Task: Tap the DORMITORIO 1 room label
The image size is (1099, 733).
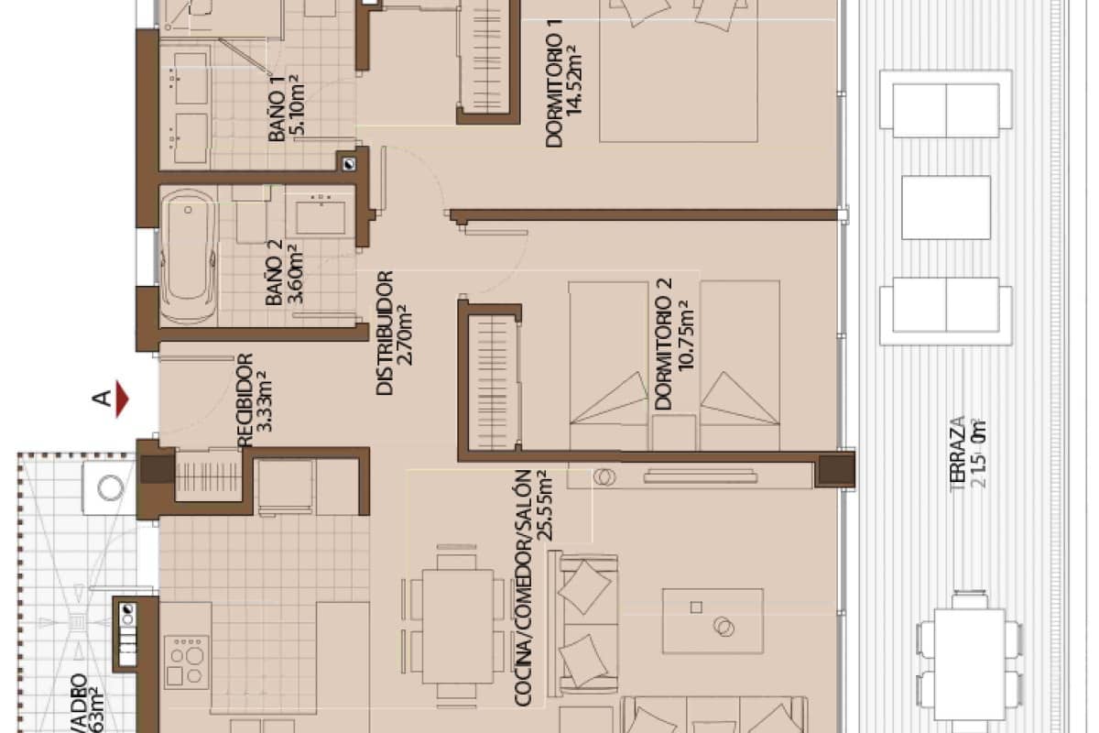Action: [x=554, y=90]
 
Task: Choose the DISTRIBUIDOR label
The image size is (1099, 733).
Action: [x=386, y=332]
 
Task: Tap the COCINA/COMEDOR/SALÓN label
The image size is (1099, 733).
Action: [x=523, y=588]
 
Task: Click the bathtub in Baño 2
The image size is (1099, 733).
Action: [x=188, y=256]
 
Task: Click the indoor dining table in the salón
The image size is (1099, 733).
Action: [x=457, y=626]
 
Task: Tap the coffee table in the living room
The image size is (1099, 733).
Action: [x=713, y=621]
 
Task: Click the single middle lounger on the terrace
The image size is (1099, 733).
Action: [x=945, y=207]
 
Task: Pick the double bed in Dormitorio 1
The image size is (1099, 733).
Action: [x=679, y=69]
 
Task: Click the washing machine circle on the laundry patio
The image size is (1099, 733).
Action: [x=111, y=487]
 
